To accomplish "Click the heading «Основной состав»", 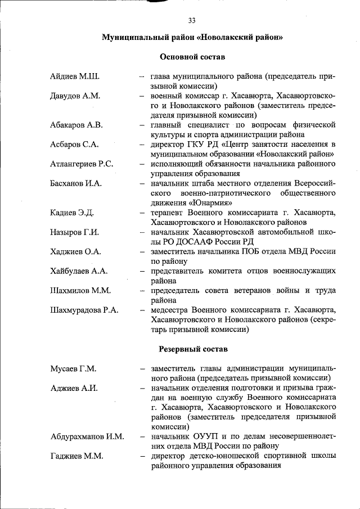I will (x=192, y=57).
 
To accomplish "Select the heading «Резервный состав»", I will (x=193, y=349).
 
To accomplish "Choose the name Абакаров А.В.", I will (x=76, y=125).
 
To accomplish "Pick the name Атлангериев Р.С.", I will (x=82, y=164).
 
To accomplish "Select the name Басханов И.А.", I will (x=75, y=183).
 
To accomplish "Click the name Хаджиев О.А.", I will (x=75, y=251).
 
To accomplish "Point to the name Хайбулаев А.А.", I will (x=78, y=271).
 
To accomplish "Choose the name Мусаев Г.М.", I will (x=73, y=368).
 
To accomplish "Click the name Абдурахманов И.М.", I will (x=87, y=436).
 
